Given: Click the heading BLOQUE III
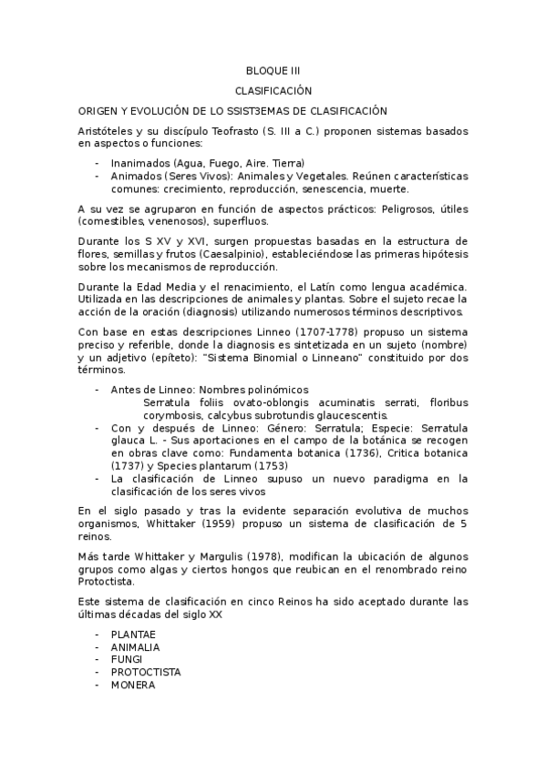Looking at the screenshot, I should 273,70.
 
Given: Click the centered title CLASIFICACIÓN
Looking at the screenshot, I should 273,91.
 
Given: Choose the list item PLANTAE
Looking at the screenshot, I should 133,634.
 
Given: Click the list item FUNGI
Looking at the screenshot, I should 125,659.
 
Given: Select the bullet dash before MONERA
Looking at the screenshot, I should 98,686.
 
